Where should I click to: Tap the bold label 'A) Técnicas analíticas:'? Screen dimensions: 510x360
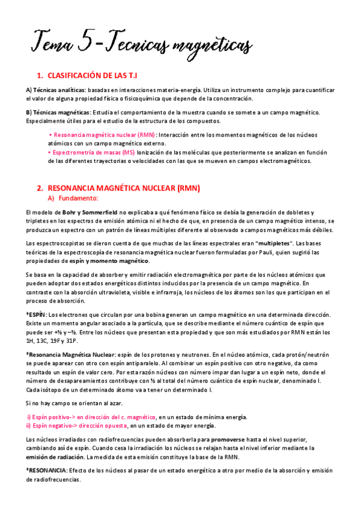coord(52,90)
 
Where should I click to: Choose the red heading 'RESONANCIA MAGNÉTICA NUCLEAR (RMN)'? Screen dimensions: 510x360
coord(123,188)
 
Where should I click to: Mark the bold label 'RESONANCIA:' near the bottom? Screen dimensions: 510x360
coord(48,471)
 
